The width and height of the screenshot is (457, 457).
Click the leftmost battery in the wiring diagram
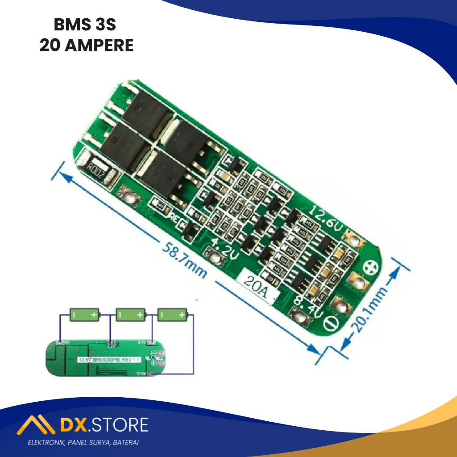[x=85, y=315]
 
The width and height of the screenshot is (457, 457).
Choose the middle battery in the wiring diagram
[x=131, y=315]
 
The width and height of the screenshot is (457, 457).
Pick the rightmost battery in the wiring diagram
[x=172, y=315]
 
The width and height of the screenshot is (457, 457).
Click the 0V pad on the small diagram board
[x=61, y=342]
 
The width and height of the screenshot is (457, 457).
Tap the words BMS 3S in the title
[x=85, y=25]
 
